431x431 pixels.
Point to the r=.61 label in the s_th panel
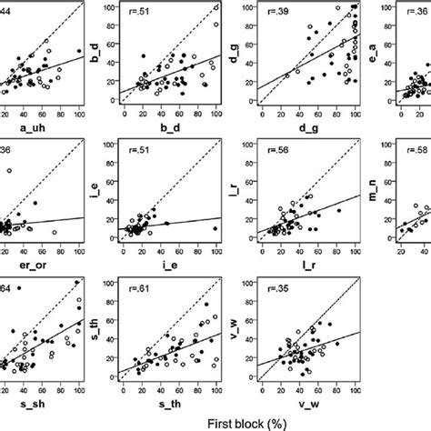[x=143, y=289]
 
